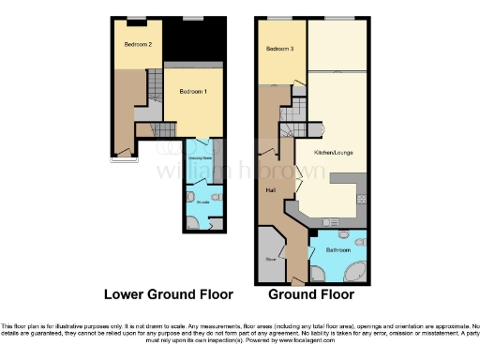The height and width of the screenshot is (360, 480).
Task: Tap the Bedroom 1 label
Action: (x=193, y=92)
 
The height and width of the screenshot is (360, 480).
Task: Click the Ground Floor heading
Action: (x=311, y=294)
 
